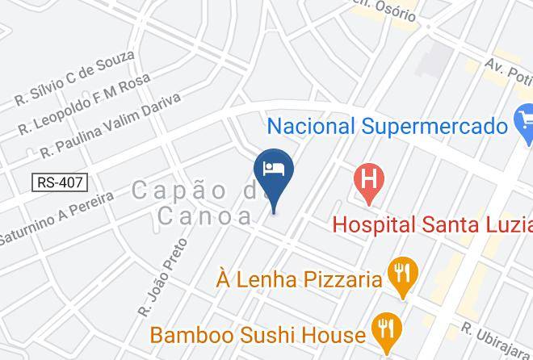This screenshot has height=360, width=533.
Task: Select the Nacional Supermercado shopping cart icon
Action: click(523, 123)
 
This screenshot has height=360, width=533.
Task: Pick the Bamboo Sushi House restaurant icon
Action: click(384, 329)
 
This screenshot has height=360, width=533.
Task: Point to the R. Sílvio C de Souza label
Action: click(74, 78)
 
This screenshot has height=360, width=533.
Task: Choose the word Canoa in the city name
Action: click(205, 216)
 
